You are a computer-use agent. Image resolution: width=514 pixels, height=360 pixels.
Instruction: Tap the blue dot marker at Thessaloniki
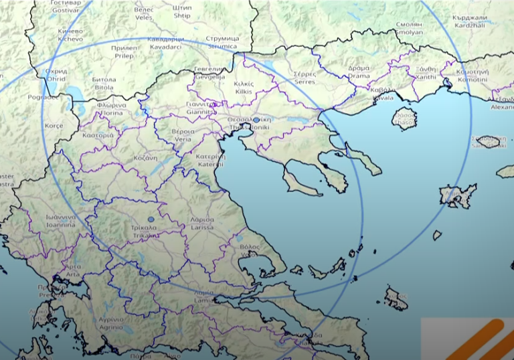pyautogui.click(x=257, y=120)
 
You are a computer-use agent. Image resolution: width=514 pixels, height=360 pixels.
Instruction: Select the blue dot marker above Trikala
pyautogui.click(x=151, y=219)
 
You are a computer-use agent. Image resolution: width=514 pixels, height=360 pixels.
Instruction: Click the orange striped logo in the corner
pyautogui.click(x=468, y=339)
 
